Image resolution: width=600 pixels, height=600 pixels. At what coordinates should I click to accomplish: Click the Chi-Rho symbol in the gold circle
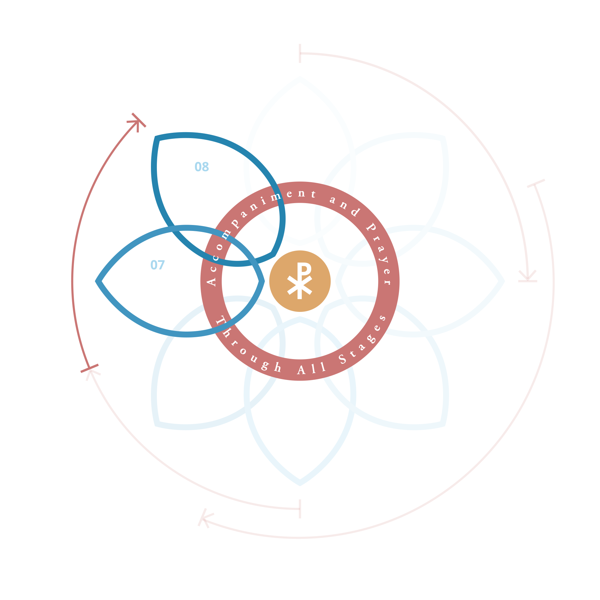pos(300,281)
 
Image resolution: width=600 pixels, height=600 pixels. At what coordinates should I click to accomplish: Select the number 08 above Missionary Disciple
pos(202,167)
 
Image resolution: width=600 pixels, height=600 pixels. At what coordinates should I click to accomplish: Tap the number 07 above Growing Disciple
pos(157,265)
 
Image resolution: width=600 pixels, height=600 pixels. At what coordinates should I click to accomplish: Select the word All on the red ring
pos(311,369)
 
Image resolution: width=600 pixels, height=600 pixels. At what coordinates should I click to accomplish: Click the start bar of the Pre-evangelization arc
pos(300,53)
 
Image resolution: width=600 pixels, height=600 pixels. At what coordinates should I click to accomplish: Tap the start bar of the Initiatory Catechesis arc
pos(300,509)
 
